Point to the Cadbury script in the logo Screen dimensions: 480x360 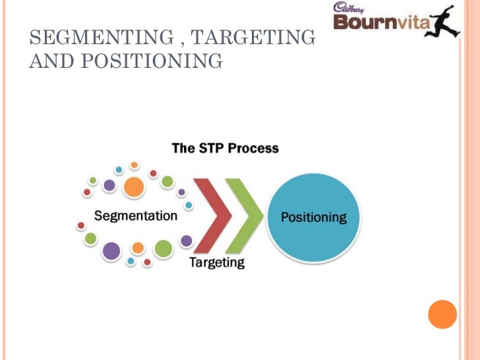[x=349, y=8]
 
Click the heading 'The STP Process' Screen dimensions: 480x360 [x=225, y=148]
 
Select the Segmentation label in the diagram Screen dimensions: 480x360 [x=136, y=216]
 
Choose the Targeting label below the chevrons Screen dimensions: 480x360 [x=217, y=262]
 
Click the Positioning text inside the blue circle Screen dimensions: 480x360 [x=313, y=217]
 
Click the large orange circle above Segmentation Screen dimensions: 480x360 [x=134, y=187]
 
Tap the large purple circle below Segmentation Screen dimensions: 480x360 [x=111, y=251]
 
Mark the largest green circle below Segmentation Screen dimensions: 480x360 [x=163, y=249]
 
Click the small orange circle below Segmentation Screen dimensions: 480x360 [x=138, y=248]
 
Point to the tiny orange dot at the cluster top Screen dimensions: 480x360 [x=134, y=165]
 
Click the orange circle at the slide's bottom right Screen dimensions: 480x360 [x=442, y=315]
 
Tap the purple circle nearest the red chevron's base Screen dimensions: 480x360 [x=187, y=241]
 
